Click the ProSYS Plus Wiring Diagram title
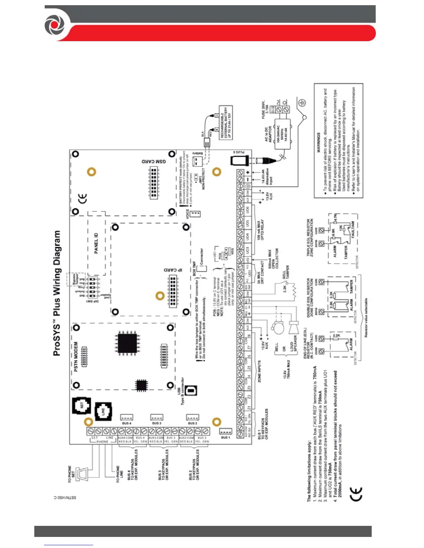(57, 293)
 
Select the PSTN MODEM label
(76, 357)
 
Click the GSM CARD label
(153, 162)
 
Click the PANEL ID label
(96, 243)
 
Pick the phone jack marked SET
(82, 405)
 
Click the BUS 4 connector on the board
(126, 417)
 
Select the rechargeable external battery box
(226, 122)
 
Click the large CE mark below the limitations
(356, 494)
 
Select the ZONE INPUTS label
(259, 371)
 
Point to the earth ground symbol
(302, 102)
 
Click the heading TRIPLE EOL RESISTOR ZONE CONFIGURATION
(310, 237)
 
